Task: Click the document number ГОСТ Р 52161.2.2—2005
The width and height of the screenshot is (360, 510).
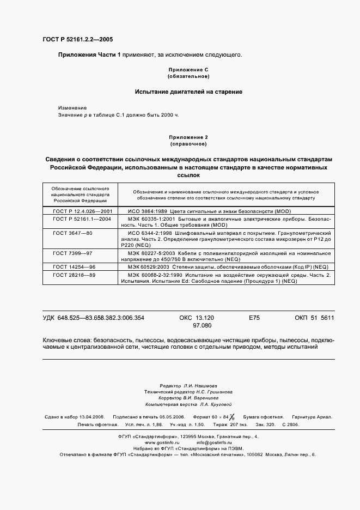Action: click(77, 40)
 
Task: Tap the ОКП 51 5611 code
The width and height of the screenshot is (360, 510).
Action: click(314, 318)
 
